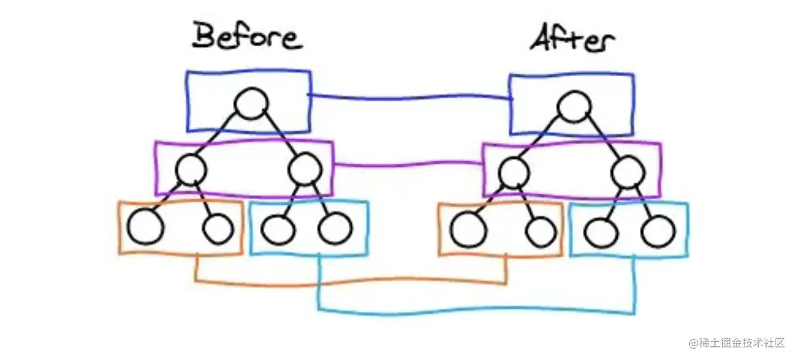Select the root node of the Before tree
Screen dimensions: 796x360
click(x=250, y=104)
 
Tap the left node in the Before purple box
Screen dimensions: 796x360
click(x=191, y=170)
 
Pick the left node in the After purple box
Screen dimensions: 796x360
click(x=513, y=173)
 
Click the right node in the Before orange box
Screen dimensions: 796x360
click(x=217, y=227)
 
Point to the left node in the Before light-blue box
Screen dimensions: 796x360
click(x=278, y=228)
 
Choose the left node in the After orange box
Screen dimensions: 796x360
click(x=468, y=230)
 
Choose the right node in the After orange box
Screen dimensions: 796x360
click(x=541, y=231)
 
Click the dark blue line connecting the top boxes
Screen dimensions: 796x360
click(x=408, y=97)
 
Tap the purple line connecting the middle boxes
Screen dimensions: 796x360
click(x=408, y=164)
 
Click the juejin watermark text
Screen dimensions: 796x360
click(x=737, y=343)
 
